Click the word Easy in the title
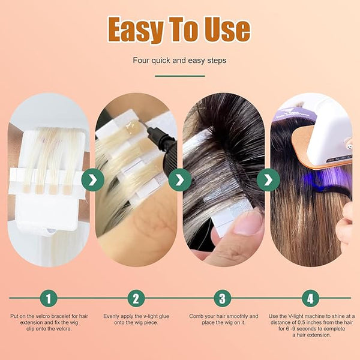(136, 29)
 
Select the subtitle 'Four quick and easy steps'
(179, 61)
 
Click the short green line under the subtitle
(180, 76)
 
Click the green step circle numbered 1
(49, 298)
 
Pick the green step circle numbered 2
(136, 298)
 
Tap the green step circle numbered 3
(223, 298)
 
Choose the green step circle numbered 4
(310, 298)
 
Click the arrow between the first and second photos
(93, 180)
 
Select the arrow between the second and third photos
(180, 180)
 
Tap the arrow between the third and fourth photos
(268, 180)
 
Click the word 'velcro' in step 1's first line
(42, 316)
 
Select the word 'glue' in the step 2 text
(164, 317)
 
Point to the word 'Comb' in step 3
(196, 316)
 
